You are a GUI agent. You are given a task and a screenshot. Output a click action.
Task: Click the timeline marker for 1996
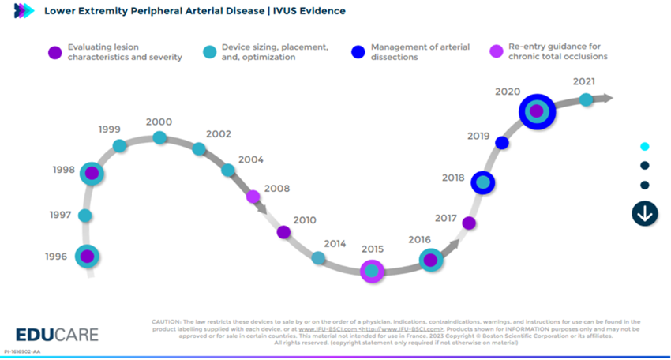point(87,256)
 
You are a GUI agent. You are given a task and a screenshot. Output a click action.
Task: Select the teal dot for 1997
point(85,216)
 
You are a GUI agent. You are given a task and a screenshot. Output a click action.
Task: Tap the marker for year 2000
point(159,138)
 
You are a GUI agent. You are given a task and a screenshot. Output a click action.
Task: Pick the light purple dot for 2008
point(253,197)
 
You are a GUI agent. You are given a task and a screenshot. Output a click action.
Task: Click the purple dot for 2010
point(283,232)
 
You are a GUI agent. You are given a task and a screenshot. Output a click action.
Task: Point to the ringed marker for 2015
point(372,272)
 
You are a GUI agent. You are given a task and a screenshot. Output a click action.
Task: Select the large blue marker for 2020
point(537,111)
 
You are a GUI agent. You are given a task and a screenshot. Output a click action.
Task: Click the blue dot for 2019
point(501,143)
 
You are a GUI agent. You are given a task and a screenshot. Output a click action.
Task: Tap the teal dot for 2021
point(586,99)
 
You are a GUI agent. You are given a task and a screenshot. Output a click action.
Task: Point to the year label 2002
point(218,134)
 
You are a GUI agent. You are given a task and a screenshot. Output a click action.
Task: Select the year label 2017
point(446,217)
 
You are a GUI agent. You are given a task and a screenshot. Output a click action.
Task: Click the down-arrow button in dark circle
point(645,213)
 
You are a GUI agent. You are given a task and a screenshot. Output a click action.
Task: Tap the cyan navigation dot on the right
point(645,146)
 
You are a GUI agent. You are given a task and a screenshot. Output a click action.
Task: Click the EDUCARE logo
point(57,334)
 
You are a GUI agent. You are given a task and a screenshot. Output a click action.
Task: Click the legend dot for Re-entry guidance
point(497,51)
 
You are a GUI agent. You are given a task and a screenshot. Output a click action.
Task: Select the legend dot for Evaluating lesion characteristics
point(54,52)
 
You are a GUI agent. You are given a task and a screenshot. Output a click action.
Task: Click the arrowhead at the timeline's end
point(606,98)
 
